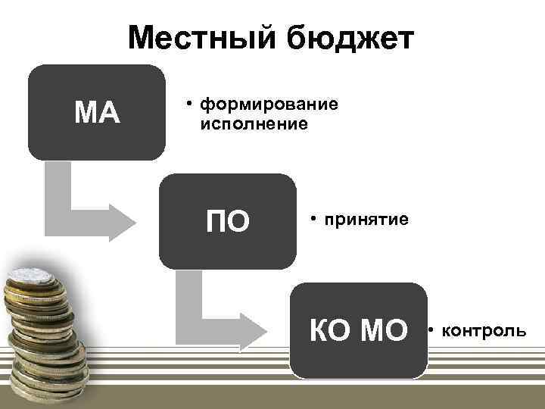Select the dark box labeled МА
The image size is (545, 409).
click(97, 112)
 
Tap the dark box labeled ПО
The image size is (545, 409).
click(228, 221)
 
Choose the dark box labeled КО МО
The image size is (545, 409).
click(359, 330)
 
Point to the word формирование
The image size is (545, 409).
click(269, 105)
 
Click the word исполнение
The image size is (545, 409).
click(254, 122)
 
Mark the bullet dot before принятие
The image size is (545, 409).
click(312, 220)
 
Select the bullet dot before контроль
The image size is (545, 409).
click(430, 329)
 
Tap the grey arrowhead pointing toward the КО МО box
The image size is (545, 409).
click(254, 332)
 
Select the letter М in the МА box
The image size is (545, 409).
click(86, 113)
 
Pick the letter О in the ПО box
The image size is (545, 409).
click(238, 222)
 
